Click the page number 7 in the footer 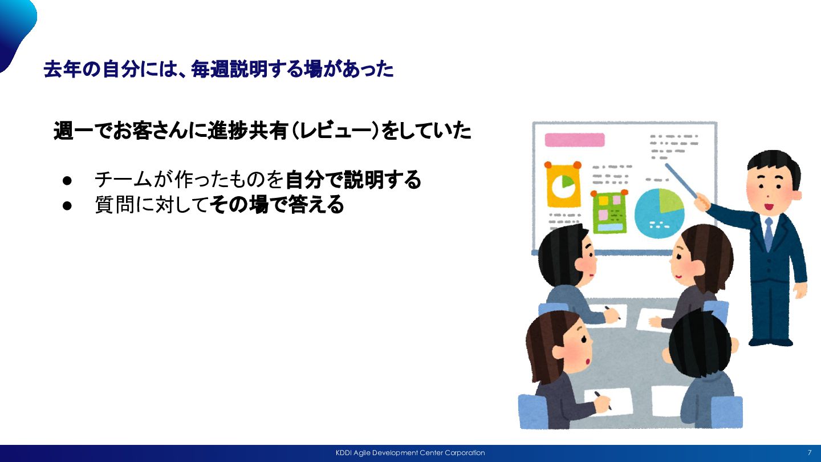tap(809, 452)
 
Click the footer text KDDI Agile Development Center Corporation tap(410, 453)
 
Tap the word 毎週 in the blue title tap(210, 69)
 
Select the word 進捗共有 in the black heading tap(247, 131)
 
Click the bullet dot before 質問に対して tap(67, 205)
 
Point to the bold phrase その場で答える tap(277, 205)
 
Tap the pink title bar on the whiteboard tap(574, 140)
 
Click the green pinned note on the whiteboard tap(609, 212)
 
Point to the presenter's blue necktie tap(769, 234)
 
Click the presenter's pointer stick tap(681, 181)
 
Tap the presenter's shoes tap(770, 342)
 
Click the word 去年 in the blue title tap(62, 69)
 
